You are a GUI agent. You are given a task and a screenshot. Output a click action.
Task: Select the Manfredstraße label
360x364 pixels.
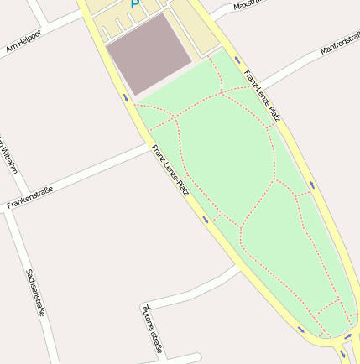pyautogui.click(x=340, y=44)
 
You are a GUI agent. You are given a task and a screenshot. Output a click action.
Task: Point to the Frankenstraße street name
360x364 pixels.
pyautogui.click(x=30, y=197)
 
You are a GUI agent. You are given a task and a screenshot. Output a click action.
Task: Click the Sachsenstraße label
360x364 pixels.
pyautogui.click(x=35, y=292)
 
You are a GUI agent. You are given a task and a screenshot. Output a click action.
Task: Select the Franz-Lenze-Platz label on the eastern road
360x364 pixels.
pyautogui.click(x=262, y=96)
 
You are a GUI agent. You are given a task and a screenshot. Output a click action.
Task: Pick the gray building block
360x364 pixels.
pyautogui.click(x=149, y=53)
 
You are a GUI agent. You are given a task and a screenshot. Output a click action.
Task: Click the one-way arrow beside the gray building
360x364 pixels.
pyautogui.click(x=126, y=98)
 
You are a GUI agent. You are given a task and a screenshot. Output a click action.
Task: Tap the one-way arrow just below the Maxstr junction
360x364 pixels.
pyautogui.click(x=237, y=60)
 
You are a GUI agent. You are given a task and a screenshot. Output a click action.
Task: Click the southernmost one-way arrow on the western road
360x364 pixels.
pyautogui.click(x=300, y=328)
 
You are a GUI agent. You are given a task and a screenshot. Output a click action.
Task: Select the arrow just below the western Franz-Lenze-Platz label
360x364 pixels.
pyautogui.click(x=205, y=220)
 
